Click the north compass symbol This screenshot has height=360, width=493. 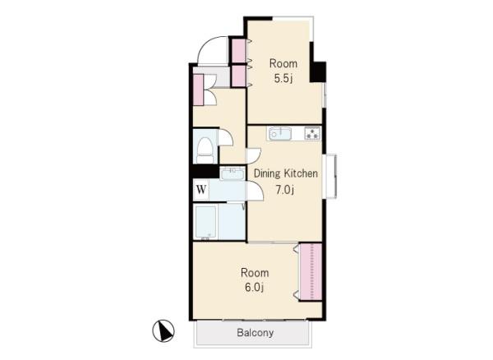coord(164,330)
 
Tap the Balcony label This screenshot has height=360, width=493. coord(255,333)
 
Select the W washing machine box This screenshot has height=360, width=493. coord(201,190)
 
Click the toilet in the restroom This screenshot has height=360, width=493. coord(205,150)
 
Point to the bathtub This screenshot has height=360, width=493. coord(205,222)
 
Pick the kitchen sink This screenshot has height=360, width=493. coord(279,134)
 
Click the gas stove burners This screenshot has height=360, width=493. coord(312,133)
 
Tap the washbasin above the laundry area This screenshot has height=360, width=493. coord(233,173)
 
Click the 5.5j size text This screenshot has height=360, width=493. coord(283,78)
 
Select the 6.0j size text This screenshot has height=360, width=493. coord(254,288)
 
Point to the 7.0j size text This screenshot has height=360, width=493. coord(285,190)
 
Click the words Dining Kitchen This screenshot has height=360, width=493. coord(285,173)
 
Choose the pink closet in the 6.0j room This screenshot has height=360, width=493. coord(311,272)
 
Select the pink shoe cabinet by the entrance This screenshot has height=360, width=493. coord(198,90)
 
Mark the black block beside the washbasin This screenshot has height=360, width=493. coord(205,172)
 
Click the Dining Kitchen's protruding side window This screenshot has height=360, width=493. coord(330,176)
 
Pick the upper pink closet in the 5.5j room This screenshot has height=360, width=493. coord(238,51)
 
